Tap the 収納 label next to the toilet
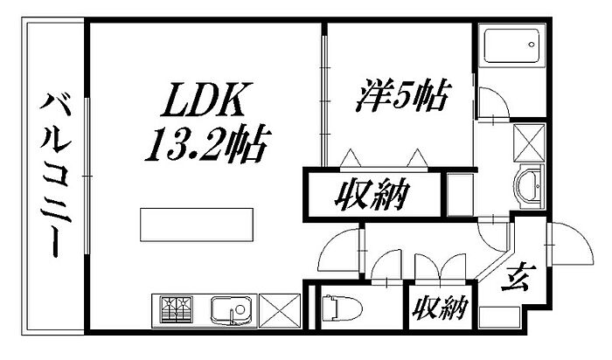coord(439,308)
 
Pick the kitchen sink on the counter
coord(231,309)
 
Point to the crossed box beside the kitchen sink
coord(280,310)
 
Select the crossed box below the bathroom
coord(528,140)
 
